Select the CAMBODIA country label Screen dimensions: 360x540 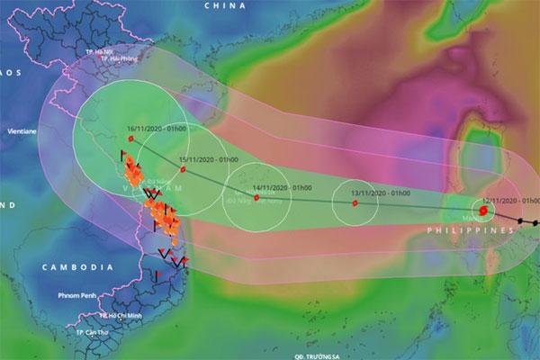coord(77,267)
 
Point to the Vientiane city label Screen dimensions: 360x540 coord(21,130)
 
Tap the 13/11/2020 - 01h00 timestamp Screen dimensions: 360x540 coord(380,193)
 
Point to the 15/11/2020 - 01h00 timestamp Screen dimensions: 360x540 coord(208,159)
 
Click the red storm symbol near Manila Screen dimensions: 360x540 coord(483,211)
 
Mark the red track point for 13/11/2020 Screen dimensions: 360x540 coord(355,202)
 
